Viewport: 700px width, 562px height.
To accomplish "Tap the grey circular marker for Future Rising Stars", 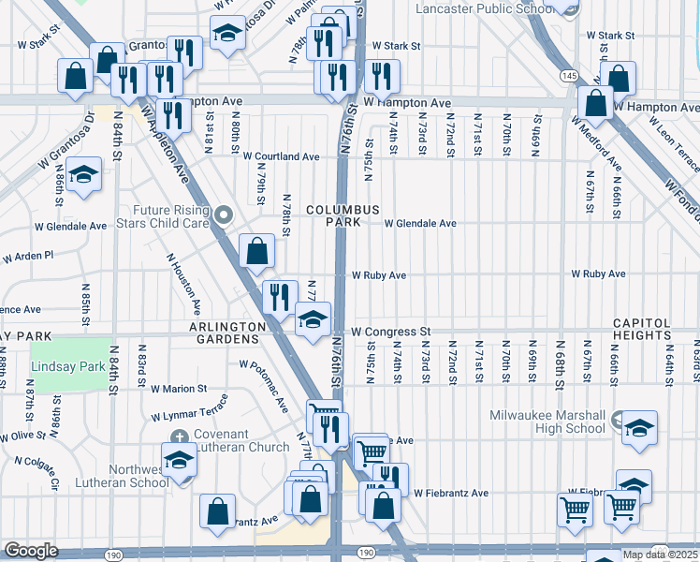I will point(223,216).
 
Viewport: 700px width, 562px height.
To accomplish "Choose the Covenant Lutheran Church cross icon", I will point(182,436).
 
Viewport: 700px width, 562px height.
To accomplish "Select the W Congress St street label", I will point(391,332).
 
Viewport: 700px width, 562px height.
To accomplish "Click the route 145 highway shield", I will point(569,74).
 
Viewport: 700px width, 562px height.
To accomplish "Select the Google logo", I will point(31,551).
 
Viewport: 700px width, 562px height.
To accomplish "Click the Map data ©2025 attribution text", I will point(660,555).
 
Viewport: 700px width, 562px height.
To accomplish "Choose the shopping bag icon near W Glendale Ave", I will point(256,250).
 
